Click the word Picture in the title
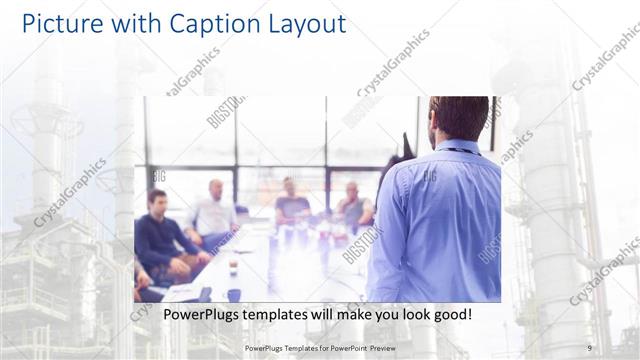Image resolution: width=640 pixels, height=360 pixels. [x=59, y=23]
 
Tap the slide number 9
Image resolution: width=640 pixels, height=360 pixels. [x=589, y=348]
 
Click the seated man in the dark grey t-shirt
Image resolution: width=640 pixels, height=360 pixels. [x=291, y=204]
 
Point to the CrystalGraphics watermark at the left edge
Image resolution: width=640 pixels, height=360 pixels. [x=70, y=192]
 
